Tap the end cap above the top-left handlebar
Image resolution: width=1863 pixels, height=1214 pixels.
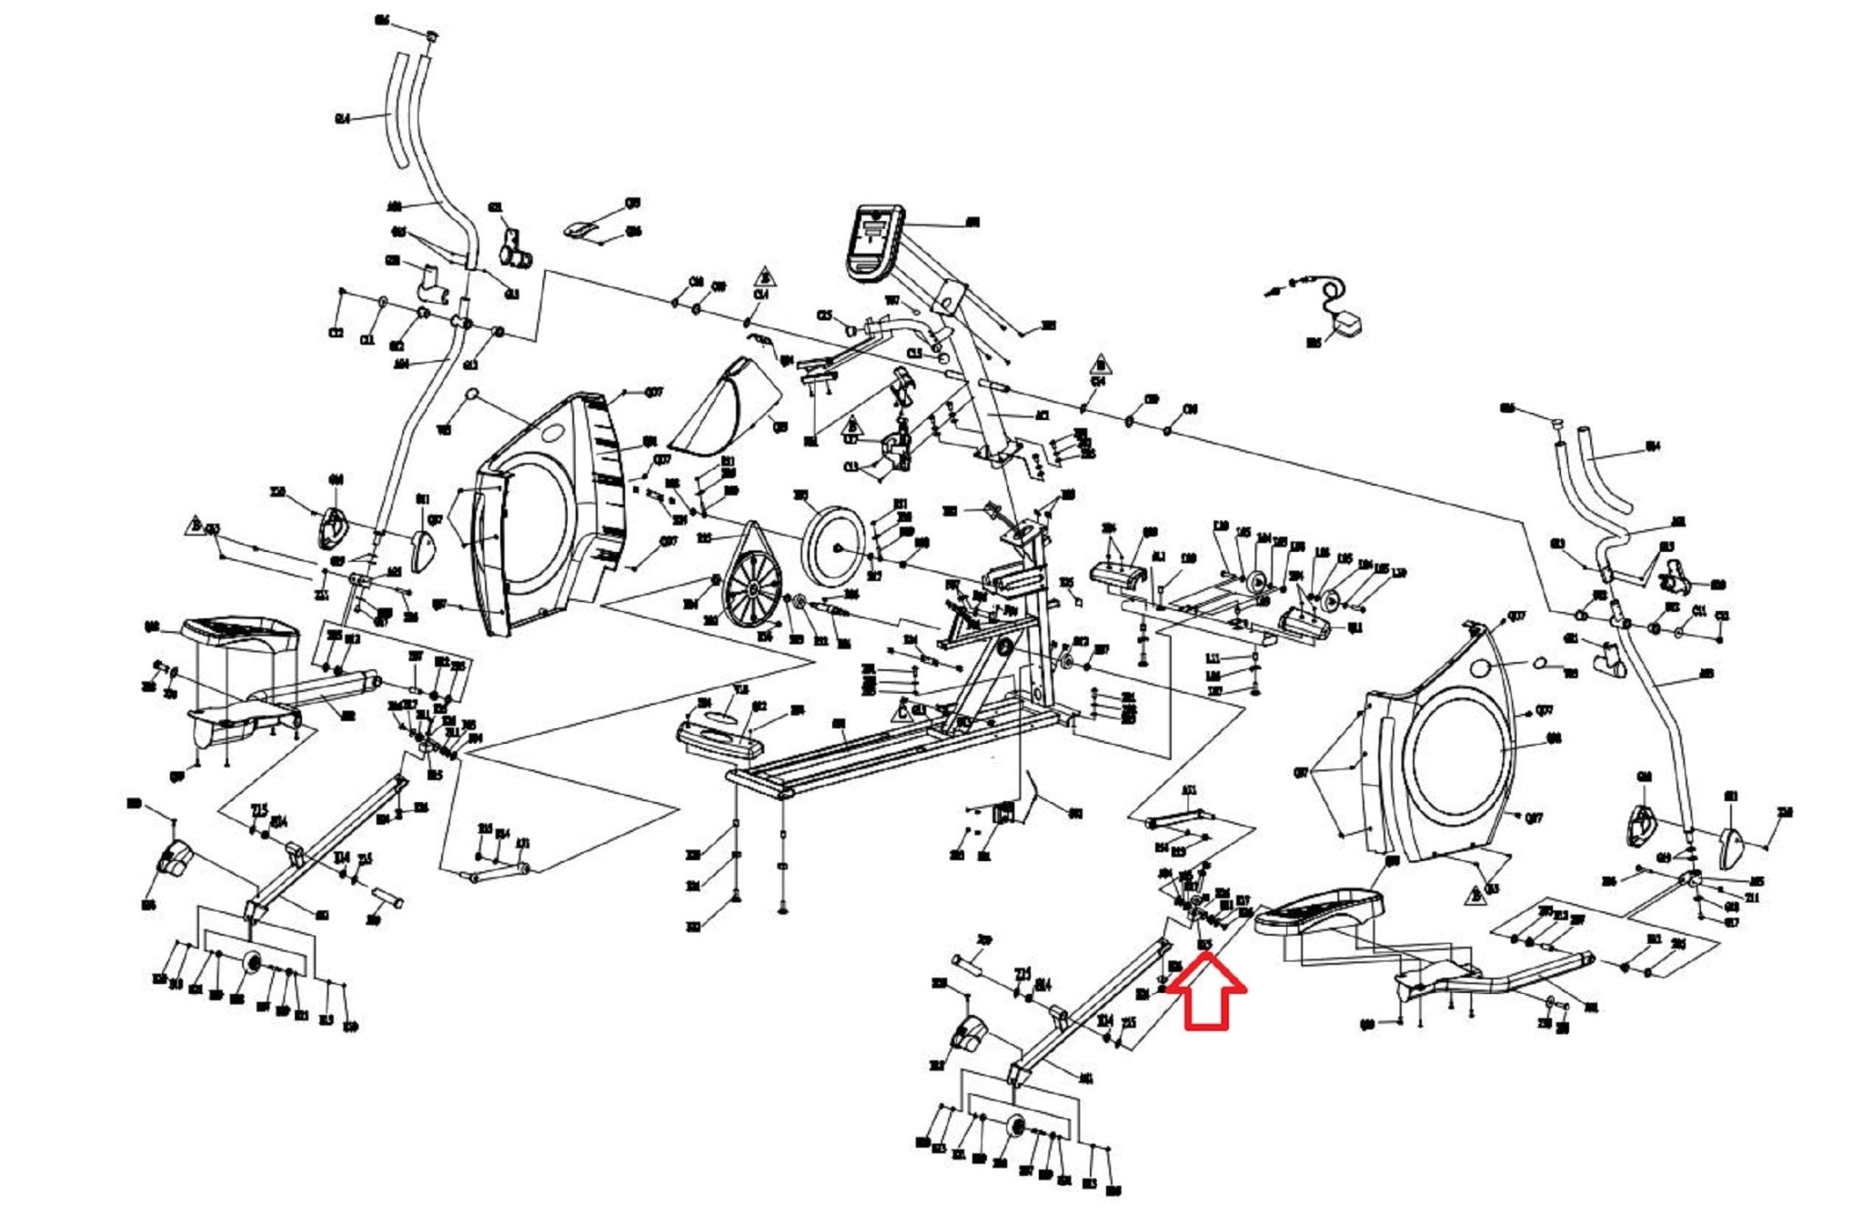[x=433, y=35]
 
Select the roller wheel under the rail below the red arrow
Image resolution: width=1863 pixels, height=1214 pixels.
[x=1015, y=1129]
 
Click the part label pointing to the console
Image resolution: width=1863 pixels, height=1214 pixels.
[x=972, y=222]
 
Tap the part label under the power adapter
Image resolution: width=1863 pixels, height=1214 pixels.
[x=1314, y=344]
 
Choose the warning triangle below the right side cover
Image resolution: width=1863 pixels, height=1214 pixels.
[x=1475, y=896]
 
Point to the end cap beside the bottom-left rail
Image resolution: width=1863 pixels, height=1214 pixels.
[x=174, y=858]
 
